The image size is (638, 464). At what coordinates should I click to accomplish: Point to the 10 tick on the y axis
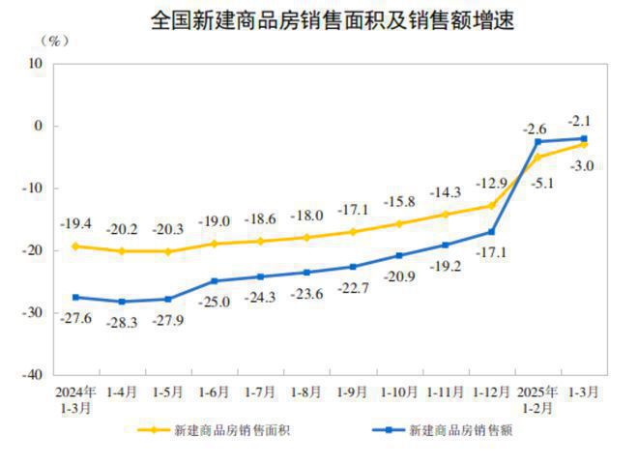coord(37,64)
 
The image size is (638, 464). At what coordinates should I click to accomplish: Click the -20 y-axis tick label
coord(34,250)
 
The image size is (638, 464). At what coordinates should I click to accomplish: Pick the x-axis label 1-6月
coord(213,392)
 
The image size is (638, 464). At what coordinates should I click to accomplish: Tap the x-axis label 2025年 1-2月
coord(537,399)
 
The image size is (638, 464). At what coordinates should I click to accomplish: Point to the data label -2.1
coord(582,120)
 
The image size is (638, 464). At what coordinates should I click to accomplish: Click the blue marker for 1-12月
coord(491,232)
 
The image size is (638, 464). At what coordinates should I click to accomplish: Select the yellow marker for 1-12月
coord(491,206)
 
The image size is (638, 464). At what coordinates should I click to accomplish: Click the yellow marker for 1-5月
coord(167,251)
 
